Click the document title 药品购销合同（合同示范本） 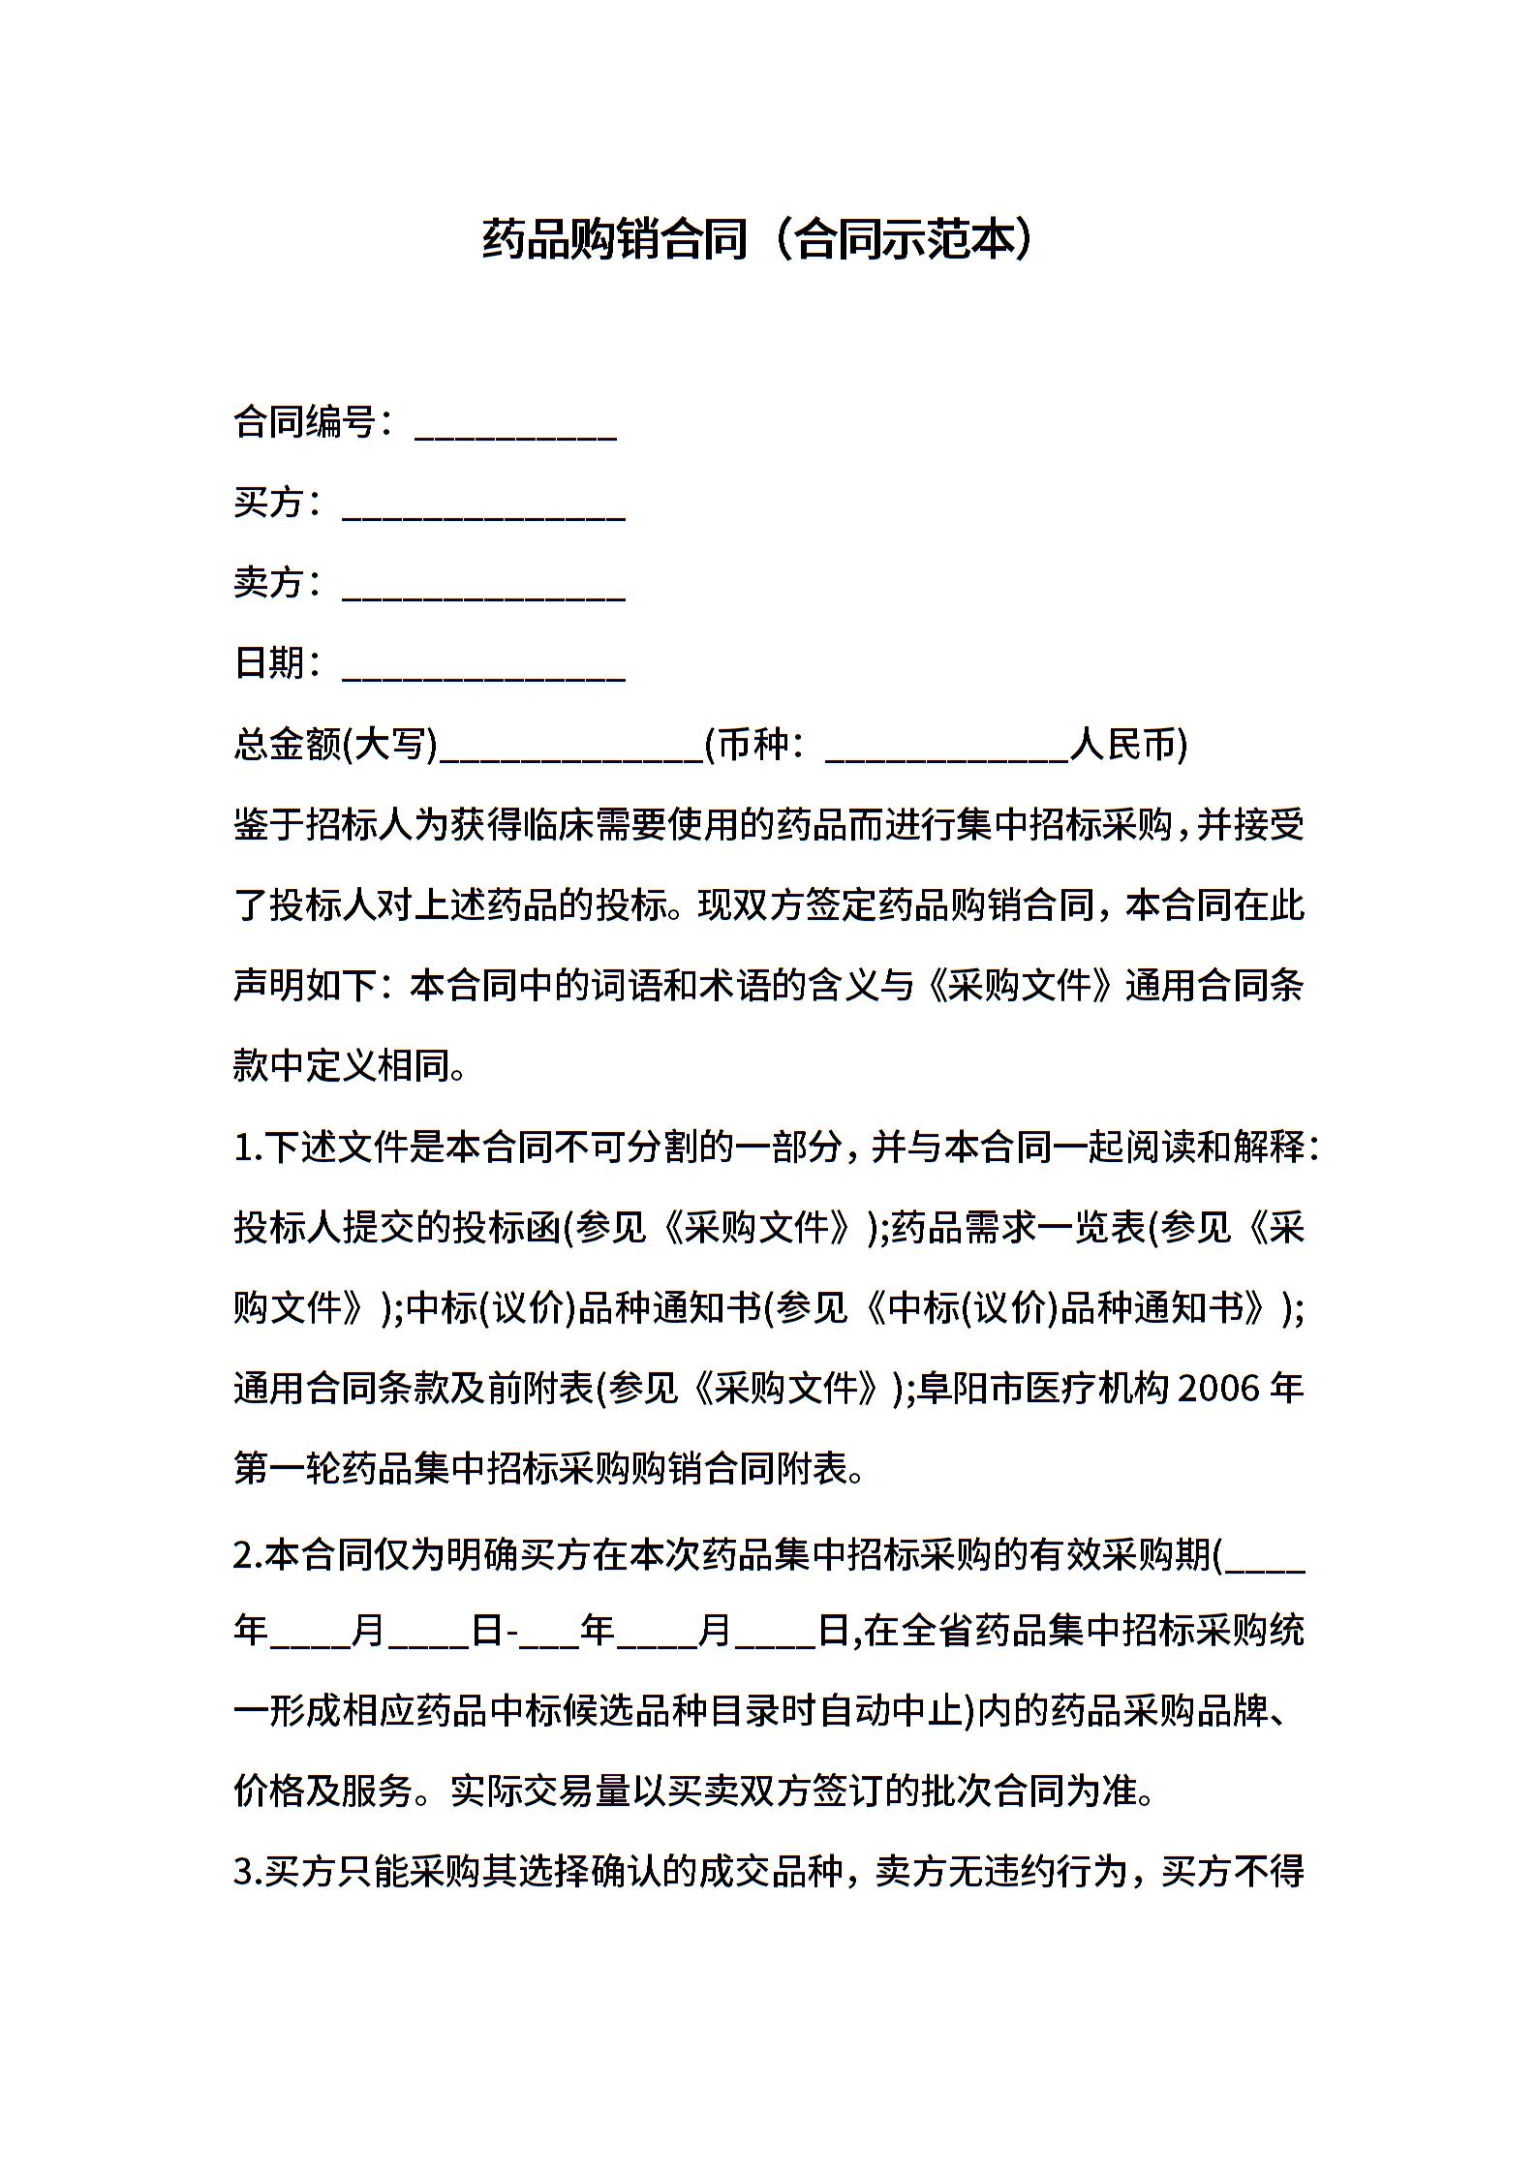757,240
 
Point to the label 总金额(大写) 336,745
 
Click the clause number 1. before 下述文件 248,1148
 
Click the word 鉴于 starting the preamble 269,826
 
